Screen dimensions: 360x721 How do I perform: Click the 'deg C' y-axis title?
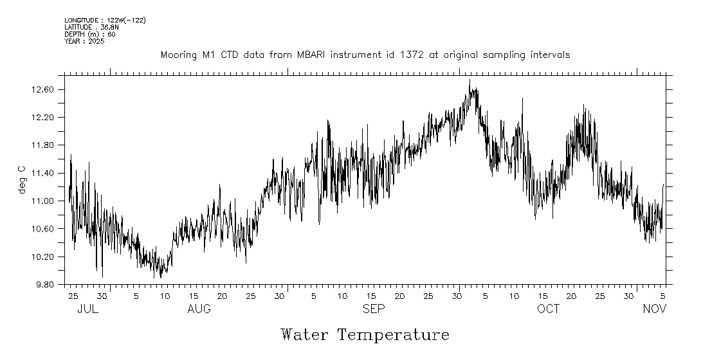(22, 179)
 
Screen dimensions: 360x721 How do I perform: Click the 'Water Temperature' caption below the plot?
(365, 335)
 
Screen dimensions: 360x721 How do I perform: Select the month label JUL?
(87, 309)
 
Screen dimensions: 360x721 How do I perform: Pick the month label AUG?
(199, 309)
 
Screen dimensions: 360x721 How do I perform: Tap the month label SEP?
(374, 309)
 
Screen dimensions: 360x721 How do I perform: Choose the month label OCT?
(549, 309)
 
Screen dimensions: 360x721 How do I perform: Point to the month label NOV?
(655, 309)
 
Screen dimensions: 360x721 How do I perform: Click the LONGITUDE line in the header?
(105, 21)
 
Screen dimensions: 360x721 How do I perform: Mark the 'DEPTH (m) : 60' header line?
(89, 35)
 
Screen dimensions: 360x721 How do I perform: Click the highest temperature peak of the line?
(470, 80)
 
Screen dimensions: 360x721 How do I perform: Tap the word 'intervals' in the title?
(550, 55)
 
